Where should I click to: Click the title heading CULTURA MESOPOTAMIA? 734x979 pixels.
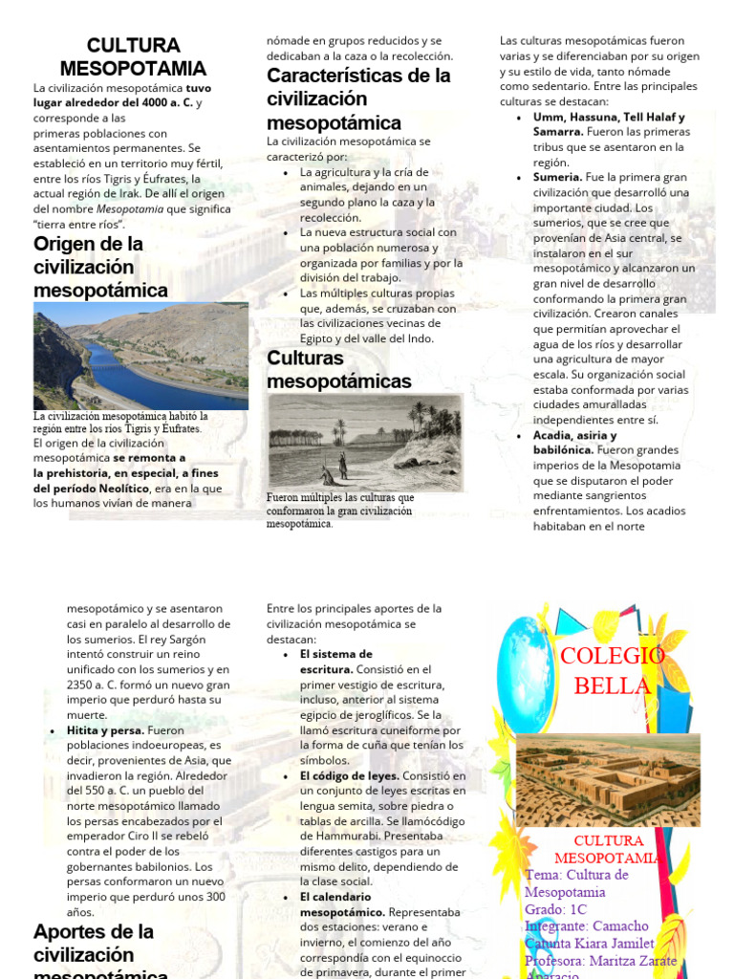pos(133,57)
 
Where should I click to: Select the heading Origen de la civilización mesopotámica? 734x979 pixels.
pos(100,267)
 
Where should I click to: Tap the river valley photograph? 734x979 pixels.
pos(140,356)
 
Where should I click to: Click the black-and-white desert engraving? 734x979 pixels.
pos(365,442)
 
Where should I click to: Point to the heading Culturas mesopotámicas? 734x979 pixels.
pos(338,370)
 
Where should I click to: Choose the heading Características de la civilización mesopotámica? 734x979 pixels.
pos(358,98)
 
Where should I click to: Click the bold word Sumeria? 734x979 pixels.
pos(557,177)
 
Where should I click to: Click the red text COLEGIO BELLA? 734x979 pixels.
pos(612,671)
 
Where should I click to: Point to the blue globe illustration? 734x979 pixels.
pos(525,675)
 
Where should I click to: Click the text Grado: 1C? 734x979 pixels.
pos(565,909)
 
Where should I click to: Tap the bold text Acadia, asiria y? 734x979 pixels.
pos(574,435)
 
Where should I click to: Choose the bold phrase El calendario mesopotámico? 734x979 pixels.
pos(335,904)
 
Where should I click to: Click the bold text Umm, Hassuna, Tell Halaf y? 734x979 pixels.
pos(609,117)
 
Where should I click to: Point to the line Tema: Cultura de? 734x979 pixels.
pos(576,875)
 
